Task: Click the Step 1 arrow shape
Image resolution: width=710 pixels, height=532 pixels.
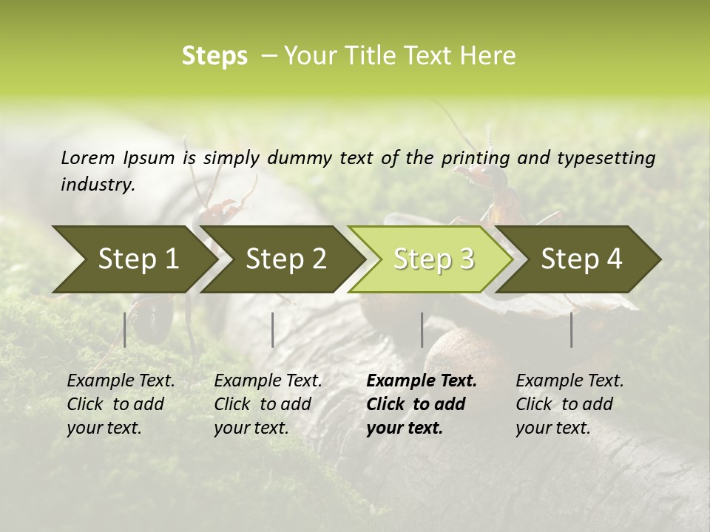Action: click(x=137, y=259)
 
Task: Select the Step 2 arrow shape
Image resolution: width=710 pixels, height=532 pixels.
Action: click(x=285, y=259)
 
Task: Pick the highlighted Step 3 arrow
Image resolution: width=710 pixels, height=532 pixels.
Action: click(x=433, y=259)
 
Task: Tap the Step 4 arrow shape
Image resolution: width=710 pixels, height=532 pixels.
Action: click(x=581, y=259)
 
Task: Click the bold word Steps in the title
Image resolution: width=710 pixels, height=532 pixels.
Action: click(x=214, y=56)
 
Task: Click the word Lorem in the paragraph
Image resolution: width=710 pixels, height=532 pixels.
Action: click(x=87, y=157)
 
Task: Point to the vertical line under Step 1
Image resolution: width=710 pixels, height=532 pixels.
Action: click(x=125, y=330)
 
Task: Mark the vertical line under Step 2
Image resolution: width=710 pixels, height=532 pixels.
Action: click(x=273, y=330)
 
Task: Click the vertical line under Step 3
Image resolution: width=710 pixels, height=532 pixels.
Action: click(x=422, y=330)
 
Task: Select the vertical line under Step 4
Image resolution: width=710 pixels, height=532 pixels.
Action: click(x=571, y=330)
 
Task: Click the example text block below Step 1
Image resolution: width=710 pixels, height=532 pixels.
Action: click(x=121, y=404)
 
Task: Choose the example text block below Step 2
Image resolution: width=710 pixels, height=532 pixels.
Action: click(x=268, y=404)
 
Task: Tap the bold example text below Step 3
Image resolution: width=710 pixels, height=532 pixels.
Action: click(x=422, y=404)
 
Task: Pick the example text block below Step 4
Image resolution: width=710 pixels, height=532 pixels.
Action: click(x=569, y=404)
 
